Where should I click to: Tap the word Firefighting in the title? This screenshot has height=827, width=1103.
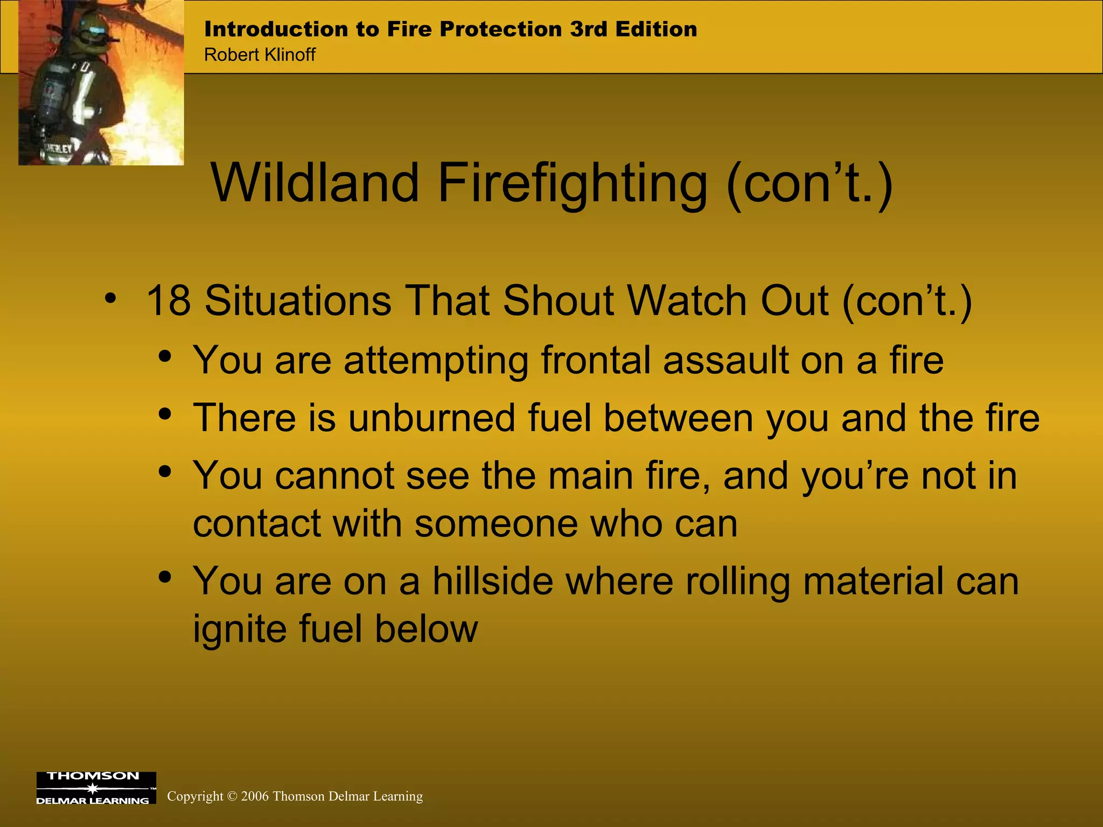pyautogui.click(x=572, y=184)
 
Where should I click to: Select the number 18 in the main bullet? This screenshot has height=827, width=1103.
pyautogui.click(x=168, y=300)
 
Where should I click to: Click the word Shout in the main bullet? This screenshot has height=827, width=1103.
pyautogui.click(x=559, y=300)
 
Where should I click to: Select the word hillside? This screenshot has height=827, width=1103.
pyautogui.click(x=493, y=581)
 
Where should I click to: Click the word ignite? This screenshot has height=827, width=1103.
pyautogui.click(x=239, y=629)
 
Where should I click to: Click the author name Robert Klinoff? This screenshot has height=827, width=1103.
pyautogui.click(x=260, y=55)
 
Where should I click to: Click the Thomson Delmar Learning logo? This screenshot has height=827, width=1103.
pyautogui.click(x=96, y=788)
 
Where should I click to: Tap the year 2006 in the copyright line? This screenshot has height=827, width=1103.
pyautogui.click(x=255, y=796)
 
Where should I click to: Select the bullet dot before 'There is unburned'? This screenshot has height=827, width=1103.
pyautogui.click(x=165, y=414)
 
